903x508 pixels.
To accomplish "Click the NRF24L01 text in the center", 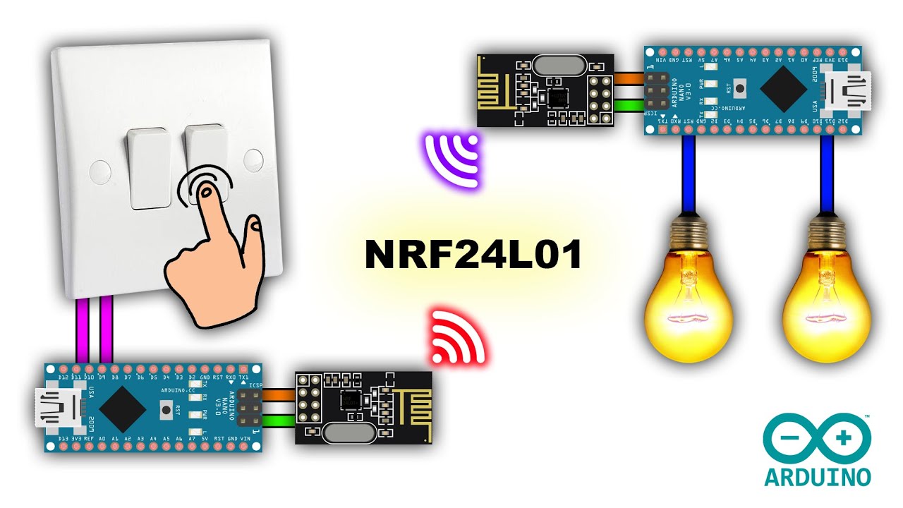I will coord(473,255).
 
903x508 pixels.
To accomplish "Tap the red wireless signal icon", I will coord(459,337).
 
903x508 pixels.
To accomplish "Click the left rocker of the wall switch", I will coord(150,168).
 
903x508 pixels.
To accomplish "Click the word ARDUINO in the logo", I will coord(818,476).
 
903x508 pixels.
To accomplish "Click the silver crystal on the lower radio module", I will coord(349,432).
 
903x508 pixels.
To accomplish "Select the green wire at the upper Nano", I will coord(629,107).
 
